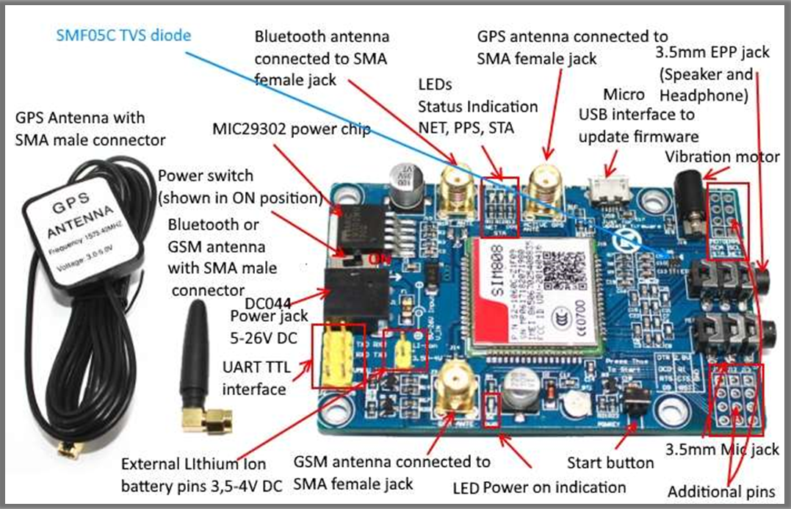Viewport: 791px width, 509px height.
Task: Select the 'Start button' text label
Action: [610, 463]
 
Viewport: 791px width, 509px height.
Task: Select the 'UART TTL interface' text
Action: [253, 378]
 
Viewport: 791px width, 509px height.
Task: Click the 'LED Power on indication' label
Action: [539, 487]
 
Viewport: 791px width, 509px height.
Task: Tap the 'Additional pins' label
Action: [721, 491]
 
